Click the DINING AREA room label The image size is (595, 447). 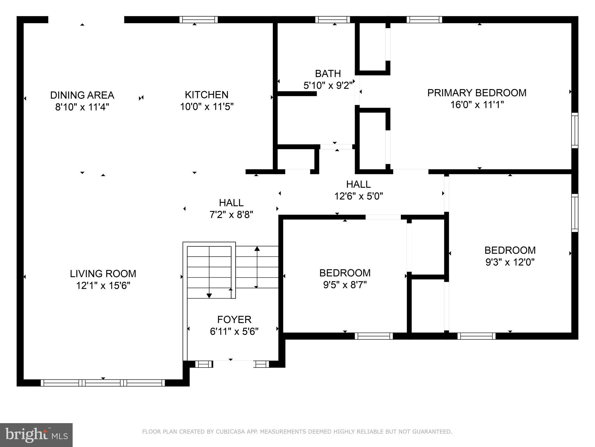(82, 95)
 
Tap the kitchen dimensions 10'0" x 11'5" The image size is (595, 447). (207, 107)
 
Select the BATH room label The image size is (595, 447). (328, 74)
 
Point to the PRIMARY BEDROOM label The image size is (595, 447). (477, 93)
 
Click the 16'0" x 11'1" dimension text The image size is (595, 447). (477, 105)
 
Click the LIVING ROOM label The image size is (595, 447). (103, 274)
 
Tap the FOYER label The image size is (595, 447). (234, 320)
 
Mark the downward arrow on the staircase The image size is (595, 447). (209, 295)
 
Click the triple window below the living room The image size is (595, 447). (103, 383)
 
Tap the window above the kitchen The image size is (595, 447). (198, 19)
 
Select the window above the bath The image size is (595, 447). (333, 19)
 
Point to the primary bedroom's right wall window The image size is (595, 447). (575, 130)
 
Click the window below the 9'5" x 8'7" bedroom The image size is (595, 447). (374, 336)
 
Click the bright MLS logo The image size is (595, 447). (36, 435)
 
